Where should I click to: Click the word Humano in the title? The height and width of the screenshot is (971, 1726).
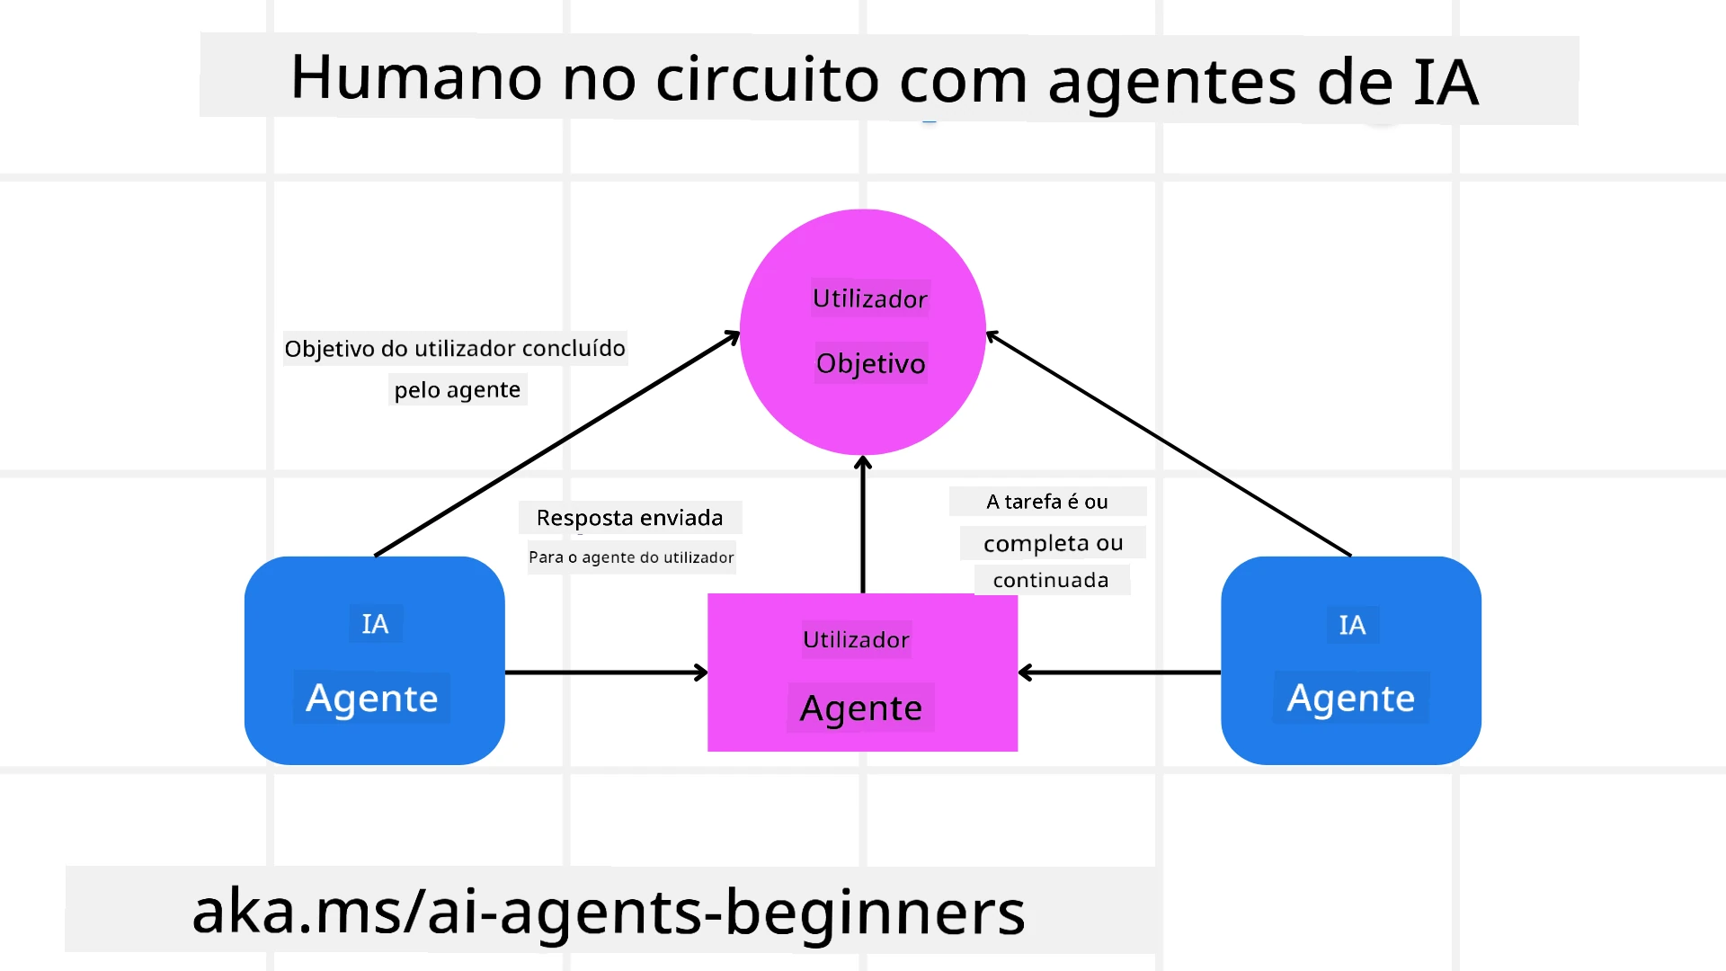click(x=416, y=78)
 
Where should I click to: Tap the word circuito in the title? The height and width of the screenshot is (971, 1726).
click(x=767, y=79)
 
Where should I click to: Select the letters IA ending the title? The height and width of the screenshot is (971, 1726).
click(x=1445, y=83)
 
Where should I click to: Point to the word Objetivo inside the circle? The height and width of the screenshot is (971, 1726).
click(x=870, y=363)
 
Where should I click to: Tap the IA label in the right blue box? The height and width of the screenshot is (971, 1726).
click(x=1351, y=625)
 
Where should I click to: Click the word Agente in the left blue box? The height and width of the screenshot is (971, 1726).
click(x=371, y=698)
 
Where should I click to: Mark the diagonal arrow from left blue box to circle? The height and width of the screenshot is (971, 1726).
click(x=556, y=444)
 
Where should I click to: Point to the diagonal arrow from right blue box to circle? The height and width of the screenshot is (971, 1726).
click(x=1169, y=444)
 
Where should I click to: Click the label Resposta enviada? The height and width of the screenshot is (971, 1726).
click(x=629, y=518)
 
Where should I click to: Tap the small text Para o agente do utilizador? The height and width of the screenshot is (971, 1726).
click(x=631, y=557)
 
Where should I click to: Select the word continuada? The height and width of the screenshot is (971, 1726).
click(x=1051, y=581)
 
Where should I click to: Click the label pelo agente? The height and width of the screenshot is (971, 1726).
click(x=457, y=390)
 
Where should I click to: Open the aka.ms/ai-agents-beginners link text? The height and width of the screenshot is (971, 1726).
click(x=609, y=911)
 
